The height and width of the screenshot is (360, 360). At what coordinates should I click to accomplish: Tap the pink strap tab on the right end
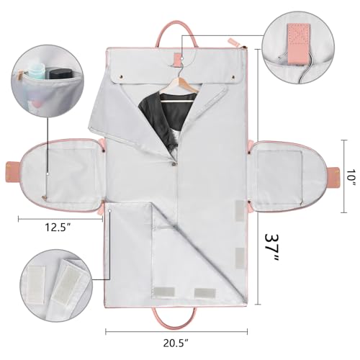tap(335, 174)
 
